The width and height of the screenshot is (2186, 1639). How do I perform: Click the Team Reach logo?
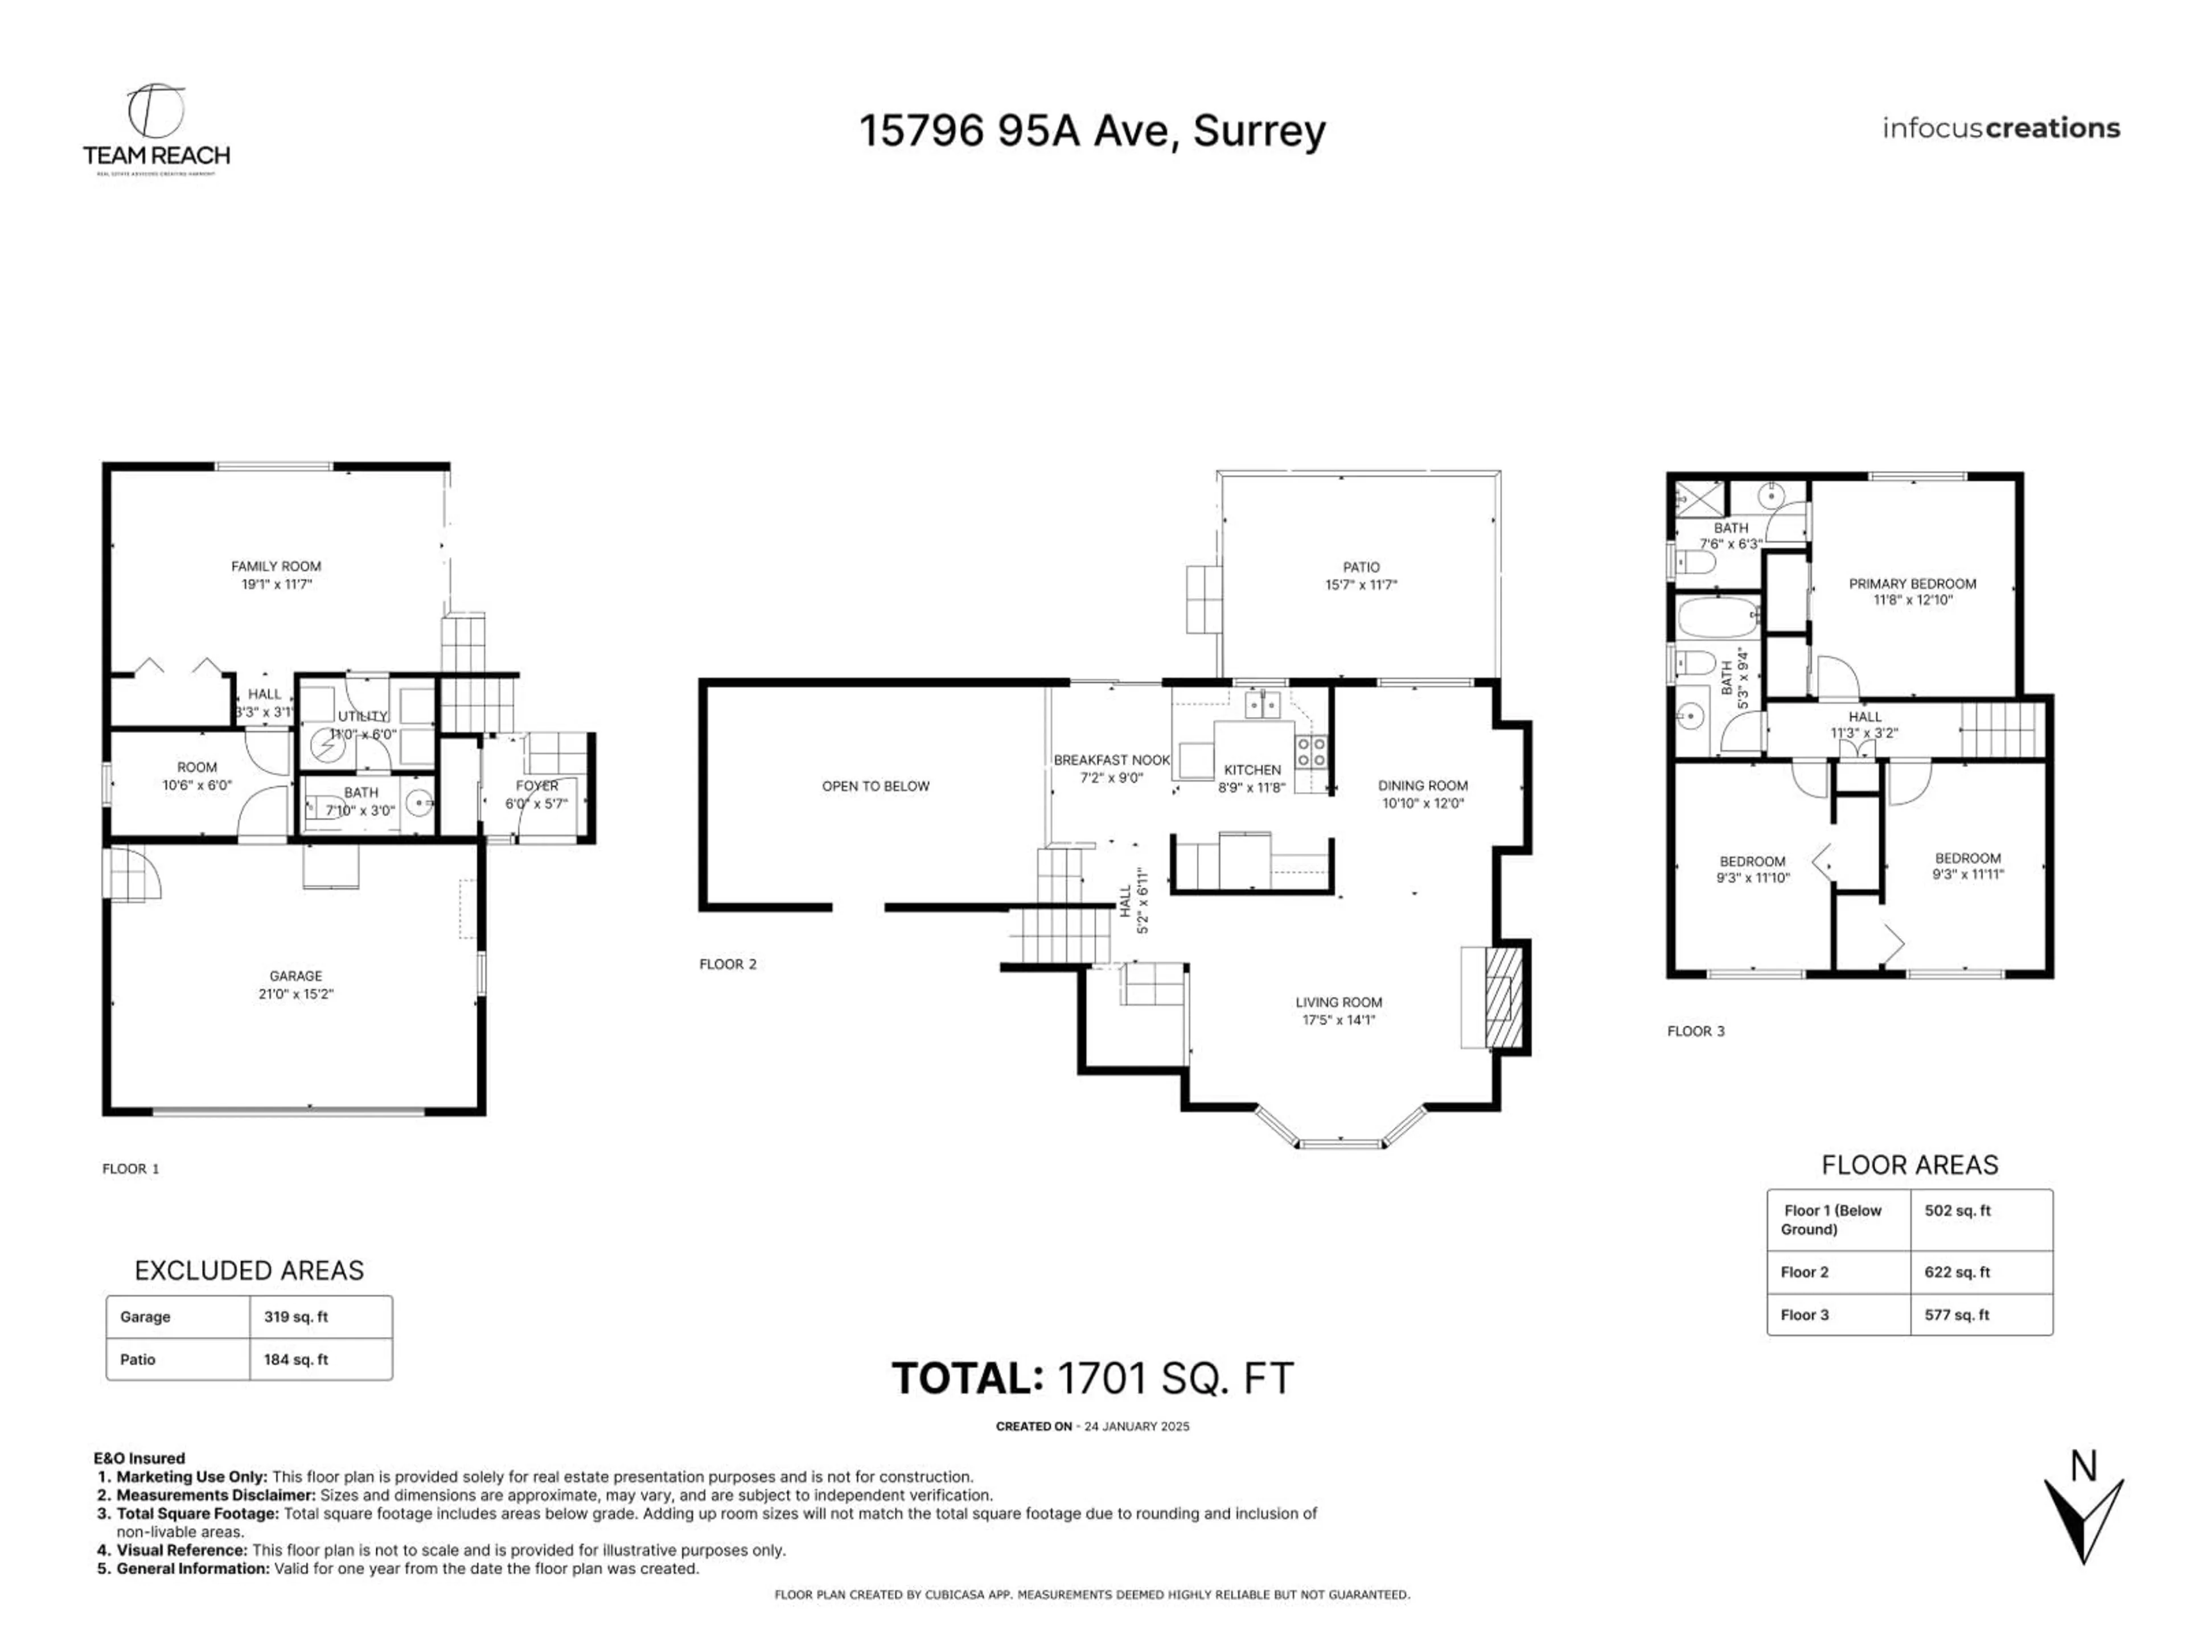point(156,129)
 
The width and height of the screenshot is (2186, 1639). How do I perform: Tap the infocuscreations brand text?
point(2000,129)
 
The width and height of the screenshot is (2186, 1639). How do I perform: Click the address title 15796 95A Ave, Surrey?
point(1091,130)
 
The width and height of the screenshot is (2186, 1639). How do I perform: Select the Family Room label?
point(276,566)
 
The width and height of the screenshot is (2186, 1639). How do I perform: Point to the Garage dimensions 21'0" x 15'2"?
point(295,994)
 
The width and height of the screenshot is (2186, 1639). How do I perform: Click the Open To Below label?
point(876,786)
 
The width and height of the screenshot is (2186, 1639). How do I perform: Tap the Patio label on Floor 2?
point(1361,567)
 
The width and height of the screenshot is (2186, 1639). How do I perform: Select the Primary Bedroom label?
point(1912,584)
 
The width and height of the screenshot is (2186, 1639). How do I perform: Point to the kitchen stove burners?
point(1312,752)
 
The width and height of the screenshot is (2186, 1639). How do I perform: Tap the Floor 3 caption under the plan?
point(1696,1031)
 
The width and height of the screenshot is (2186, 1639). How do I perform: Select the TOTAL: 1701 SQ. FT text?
point(1092,1378)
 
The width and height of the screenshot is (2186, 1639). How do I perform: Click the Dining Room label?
point(1423,785)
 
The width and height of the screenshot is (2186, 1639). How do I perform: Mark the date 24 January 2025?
point(1136,1427)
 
